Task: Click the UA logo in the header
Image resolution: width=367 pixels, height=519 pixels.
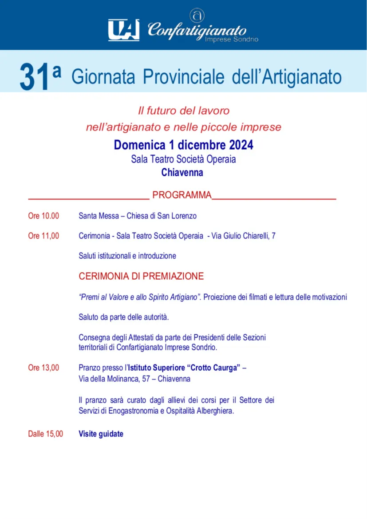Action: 124,29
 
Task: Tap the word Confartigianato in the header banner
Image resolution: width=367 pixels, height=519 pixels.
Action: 197,30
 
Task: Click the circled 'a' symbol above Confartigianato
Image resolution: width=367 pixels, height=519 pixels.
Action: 196,15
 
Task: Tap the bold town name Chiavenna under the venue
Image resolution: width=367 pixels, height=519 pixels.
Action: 182,173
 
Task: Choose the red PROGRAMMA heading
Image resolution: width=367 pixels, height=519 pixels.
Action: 182,195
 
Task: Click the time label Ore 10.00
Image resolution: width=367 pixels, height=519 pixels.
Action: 43,216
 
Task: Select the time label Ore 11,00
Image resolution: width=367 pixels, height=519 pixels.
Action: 43,236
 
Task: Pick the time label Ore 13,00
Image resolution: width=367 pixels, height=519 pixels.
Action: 43,368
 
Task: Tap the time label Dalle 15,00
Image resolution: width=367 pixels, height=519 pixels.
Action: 46,434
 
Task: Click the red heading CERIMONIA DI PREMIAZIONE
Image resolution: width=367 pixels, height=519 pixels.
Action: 141,276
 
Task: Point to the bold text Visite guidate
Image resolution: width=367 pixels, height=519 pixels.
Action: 101,434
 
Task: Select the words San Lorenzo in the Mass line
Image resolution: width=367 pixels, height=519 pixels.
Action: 178,216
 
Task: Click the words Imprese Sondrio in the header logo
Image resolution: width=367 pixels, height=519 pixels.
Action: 232,40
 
